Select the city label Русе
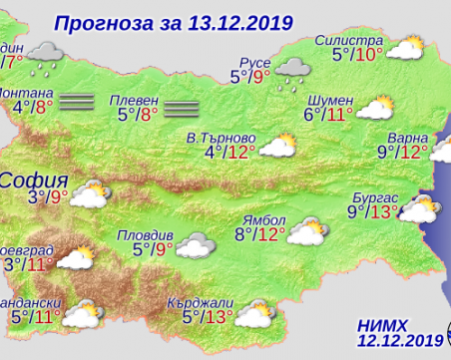(x=249, y=57)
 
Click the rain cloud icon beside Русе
(x=292, y=71)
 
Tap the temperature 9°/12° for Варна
(x=402, y=153)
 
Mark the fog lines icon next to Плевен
(x=183, y=107)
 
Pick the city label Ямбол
(x=261, y=219)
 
